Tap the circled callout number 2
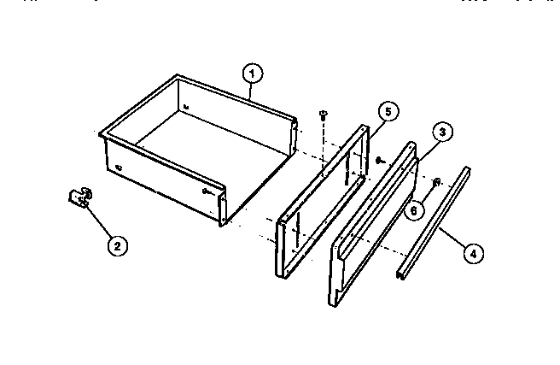point(118,245)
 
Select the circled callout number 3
point(441,132)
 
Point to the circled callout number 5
point(387,111)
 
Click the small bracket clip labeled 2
point(79,198)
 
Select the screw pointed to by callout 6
point(436,182)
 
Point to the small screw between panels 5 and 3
point(378,159)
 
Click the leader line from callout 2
point(100,223)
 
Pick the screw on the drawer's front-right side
point(208,194)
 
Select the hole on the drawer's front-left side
point(119,166)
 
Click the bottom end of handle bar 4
point(401,274)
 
